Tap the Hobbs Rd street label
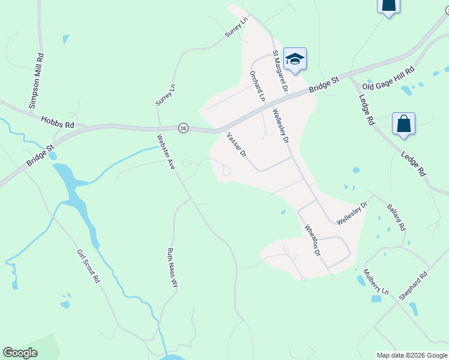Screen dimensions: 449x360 (57, 122)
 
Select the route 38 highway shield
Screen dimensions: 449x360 (183, 128)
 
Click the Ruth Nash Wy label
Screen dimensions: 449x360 (173, 268)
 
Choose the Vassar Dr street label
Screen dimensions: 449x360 (237, 145)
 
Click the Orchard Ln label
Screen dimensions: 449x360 (257, 86)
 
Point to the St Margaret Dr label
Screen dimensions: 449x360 (280, 70)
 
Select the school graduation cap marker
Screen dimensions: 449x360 (295, 59)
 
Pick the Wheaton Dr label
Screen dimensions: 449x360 (313, 241)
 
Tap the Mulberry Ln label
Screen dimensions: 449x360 (376, 281)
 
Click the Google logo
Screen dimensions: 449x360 (20, 353)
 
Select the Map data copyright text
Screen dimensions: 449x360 (412, 355)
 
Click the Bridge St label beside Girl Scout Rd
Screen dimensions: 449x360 (41, 155)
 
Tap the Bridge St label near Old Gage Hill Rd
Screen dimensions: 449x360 (325, 83)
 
